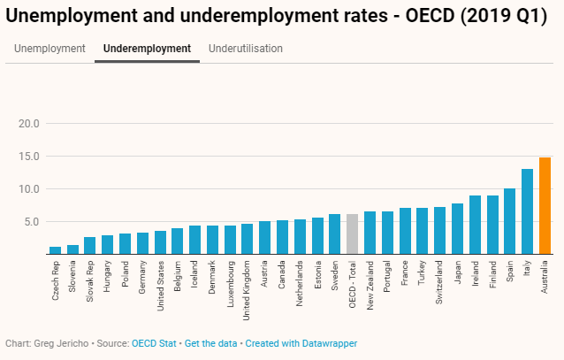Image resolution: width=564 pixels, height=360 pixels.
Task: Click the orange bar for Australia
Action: (x=545, y=206)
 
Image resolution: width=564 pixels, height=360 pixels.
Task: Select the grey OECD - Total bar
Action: (x=352, y=234)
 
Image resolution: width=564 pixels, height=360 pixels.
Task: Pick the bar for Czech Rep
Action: (x=56, y=250)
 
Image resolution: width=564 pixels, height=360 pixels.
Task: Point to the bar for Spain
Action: (x=509, y=221)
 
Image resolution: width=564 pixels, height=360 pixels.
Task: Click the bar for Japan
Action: (x=457, y=229)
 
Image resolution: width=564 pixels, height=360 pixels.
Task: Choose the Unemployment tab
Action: (x=50, y=49)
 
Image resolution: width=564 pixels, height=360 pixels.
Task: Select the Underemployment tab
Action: (x=147, y=49)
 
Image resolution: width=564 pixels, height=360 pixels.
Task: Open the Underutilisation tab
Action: (x=246, y=49)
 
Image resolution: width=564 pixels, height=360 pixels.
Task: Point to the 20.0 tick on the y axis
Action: (x=30, y=123)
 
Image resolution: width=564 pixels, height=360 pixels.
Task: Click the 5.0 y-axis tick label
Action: (x=33, y=221)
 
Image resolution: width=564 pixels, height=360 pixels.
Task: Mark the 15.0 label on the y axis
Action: (x=30, y=156)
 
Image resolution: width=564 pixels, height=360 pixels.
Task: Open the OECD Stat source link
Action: (x=156, y=342)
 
